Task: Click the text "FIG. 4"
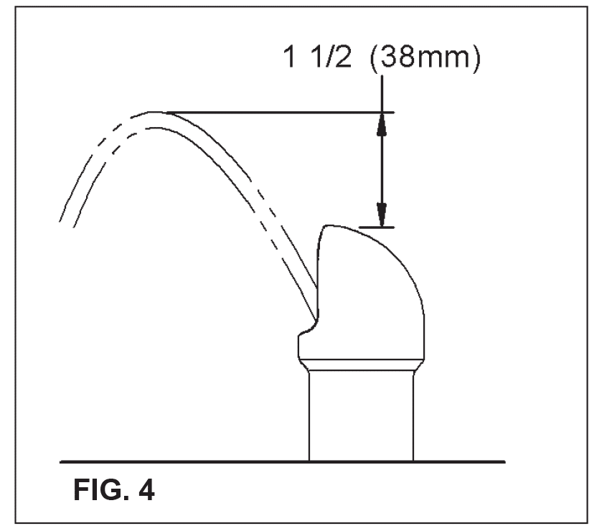coord(114,489)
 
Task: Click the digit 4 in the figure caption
coord(146,489)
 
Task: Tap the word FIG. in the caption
coord(100,489)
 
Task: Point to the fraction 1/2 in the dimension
coord(332,57)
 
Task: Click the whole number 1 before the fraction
coord(290,57)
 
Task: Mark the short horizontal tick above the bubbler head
coord(377,227)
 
